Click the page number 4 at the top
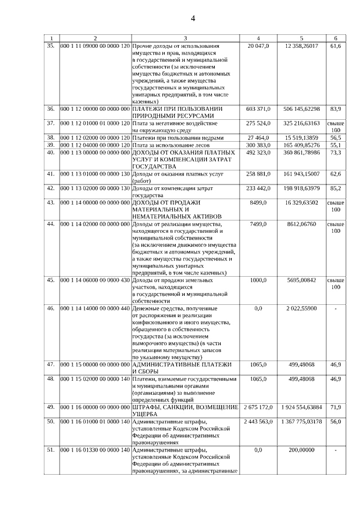(x=193, y=18)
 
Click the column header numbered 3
(x=186, y=38)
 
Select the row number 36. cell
(x=51, y=108)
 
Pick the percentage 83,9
(x=336, y=108)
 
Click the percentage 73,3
(x=336, y=152)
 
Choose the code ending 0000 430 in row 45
(x=94, y=280)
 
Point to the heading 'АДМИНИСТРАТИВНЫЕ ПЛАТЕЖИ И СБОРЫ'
(x=181, y=368)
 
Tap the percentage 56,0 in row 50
(x=336, y=421)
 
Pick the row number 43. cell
(x=51, y=201)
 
